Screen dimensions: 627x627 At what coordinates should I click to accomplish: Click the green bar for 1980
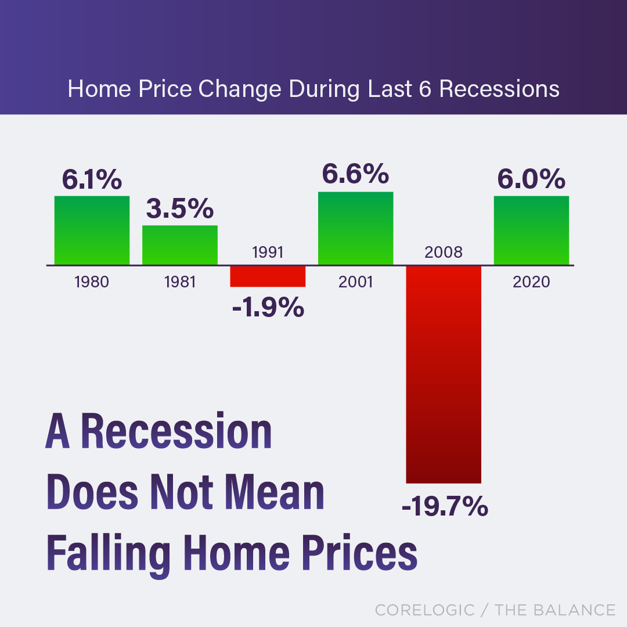click(x=92, y=230)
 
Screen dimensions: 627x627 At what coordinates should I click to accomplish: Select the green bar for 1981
click(x=180, y=245)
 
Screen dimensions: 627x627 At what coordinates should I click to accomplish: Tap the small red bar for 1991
click(x=268, y=276)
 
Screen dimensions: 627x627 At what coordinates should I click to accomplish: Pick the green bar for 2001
click(x=355, y=228)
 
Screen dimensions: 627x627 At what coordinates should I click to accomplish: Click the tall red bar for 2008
click(x=444, y=374)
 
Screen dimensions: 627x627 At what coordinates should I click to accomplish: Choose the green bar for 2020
click(x=531, y=230)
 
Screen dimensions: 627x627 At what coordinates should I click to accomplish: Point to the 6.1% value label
click(x=92, y=180)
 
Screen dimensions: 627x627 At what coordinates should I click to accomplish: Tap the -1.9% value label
click(x=268, y=307)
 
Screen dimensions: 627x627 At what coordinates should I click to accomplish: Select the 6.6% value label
click(x=355, y=174)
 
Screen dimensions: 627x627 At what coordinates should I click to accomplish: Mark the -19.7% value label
click(x=444, y=507)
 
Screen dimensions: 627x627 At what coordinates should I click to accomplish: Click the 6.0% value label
click(x=531, y=179)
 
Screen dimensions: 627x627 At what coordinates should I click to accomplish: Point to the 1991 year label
click(x=268, y=252)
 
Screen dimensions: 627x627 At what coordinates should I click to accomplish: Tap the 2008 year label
click(x=444, y=252)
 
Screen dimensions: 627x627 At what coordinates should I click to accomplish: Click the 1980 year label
click(x=92, y=282)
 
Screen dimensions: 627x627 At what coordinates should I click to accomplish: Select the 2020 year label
click(x=531, y=282)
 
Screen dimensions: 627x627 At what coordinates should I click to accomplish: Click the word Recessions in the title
click(x=499, y=89)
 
